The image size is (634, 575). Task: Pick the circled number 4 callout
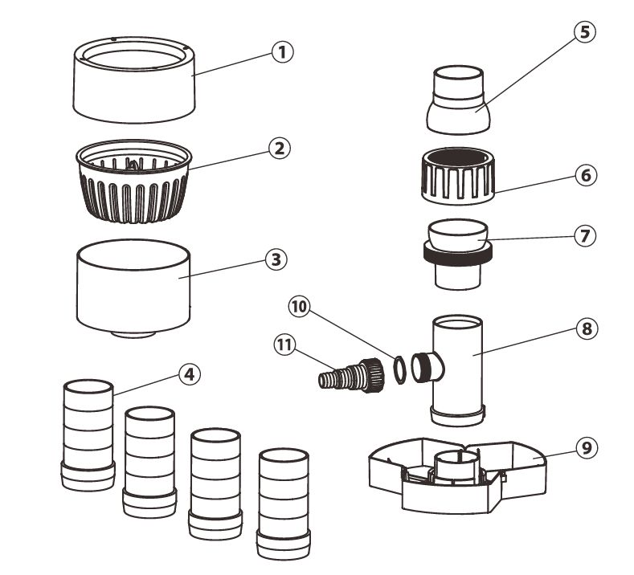tap(189, 374)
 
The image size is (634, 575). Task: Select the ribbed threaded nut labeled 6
tap(456, 175)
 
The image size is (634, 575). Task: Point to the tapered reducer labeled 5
tap(457, 100)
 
